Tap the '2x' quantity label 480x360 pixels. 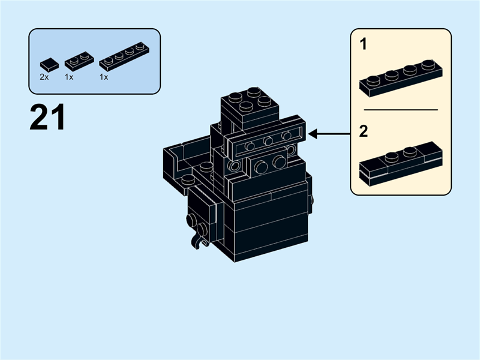click(44, 77)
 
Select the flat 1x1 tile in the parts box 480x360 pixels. click(49, 64)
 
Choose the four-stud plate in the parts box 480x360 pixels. click(124, 55)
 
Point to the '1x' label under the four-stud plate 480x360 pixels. click(104, 77)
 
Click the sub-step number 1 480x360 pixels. click(363, 44)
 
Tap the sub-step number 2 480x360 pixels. click(363, 131)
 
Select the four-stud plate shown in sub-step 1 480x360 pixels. click(401, 77)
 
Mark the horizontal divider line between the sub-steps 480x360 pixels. click(401, 110)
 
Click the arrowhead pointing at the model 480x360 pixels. click(313, 134)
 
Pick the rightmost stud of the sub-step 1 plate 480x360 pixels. click(427, 64)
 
